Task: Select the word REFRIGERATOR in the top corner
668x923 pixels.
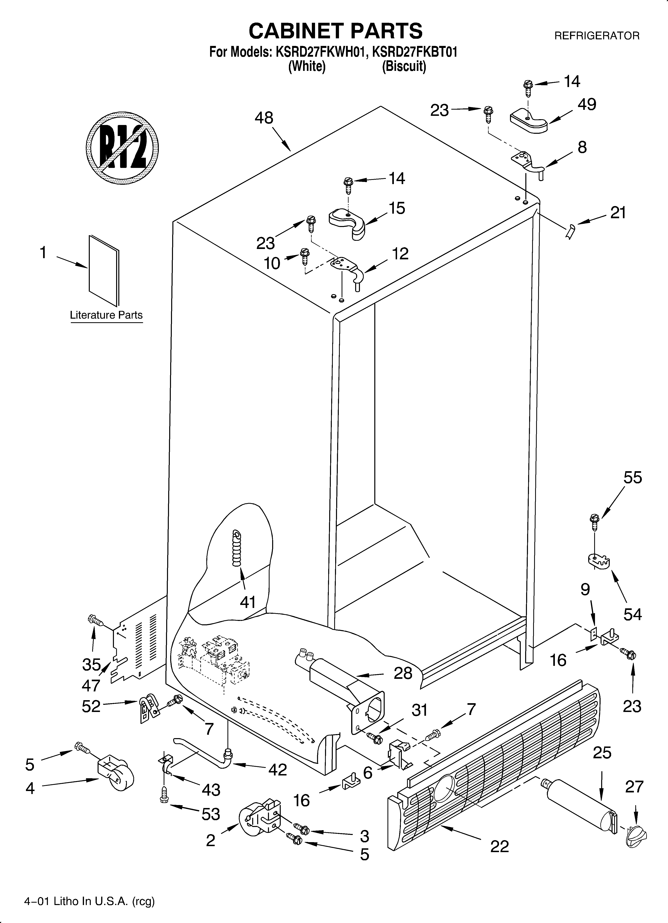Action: (x=597, y=36)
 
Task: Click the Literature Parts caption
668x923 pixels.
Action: (x=106, y=315)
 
